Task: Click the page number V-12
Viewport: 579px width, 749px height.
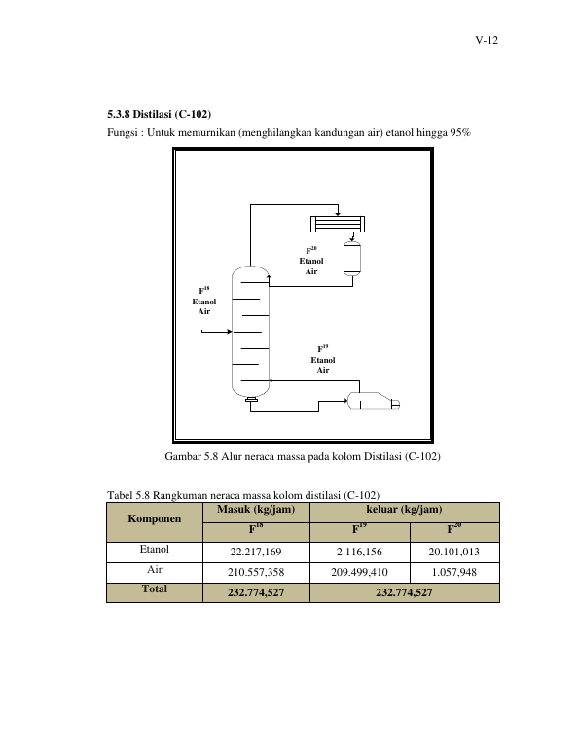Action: pos(487,40)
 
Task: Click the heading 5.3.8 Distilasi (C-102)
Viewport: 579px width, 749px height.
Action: pos(159,114)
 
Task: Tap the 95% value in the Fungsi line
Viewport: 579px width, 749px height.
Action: pos(460,132)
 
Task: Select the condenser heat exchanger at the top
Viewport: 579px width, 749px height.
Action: pos(338,224)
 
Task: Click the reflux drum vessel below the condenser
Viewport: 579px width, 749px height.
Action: pos(352,259)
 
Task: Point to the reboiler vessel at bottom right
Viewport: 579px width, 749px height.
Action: pos(373,401)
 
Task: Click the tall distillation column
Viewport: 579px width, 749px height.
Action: pos(250,333)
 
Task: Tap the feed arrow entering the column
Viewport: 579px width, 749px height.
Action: pos(216,331)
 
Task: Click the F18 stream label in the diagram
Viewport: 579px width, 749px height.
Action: pos(204,291)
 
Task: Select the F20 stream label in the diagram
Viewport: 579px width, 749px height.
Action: pos(311,250)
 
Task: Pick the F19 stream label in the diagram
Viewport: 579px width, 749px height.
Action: pos(323,349)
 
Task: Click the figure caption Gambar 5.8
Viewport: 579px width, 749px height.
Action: pos(303,456)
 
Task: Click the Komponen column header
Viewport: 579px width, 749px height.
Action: pos(155,518)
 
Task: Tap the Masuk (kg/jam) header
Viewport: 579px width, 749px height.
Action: pos(256,509)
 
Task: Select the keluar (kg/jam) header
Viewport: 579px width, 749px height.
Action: pos(404,509)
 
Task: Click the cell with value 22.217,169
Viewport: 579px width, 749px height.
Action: pos(256,552)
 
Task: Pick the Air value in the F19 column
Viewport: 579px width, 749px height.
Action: pos(359,572)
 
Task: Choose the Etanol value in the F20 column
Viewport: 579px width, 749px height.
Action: pos(453,552)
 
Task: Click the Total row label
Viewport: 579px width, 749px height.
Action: pos(155,588)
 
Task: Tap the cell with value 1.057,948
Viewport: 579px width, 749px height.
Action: pos(453,572)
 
